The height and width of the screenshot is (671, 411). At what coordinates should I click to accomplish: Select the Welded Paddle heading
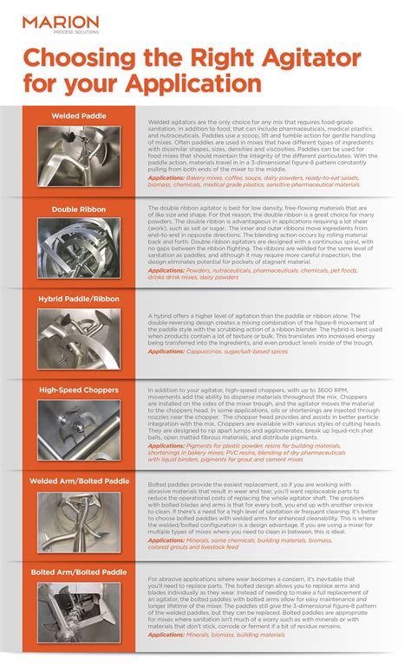point(79,116)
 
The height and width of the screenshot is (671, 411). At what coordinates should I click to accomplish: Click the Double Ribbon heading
point(79,209)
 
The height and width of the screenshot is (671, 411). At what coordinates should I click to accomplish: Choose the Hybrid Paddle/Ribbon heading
point(79,299)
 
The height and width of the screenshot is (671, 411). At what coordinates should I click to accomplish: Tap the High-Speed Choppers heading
point(79,390)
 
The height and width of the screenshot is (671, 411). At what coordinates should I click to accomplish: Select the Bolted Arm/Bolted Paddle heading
point(79,571)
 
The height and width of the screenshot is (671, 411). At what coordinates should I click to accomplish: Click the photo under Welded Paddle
point(79,157)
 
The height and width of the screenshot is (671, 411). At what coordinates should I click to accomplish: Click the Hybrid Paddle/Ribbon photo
point(79,339)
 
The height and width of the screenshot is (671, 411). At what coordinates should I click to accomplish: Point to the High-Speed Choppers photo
point(79,429)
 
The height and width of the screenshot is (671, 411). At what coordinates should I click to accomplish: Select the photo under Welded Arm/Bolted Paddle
point(79,521)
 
